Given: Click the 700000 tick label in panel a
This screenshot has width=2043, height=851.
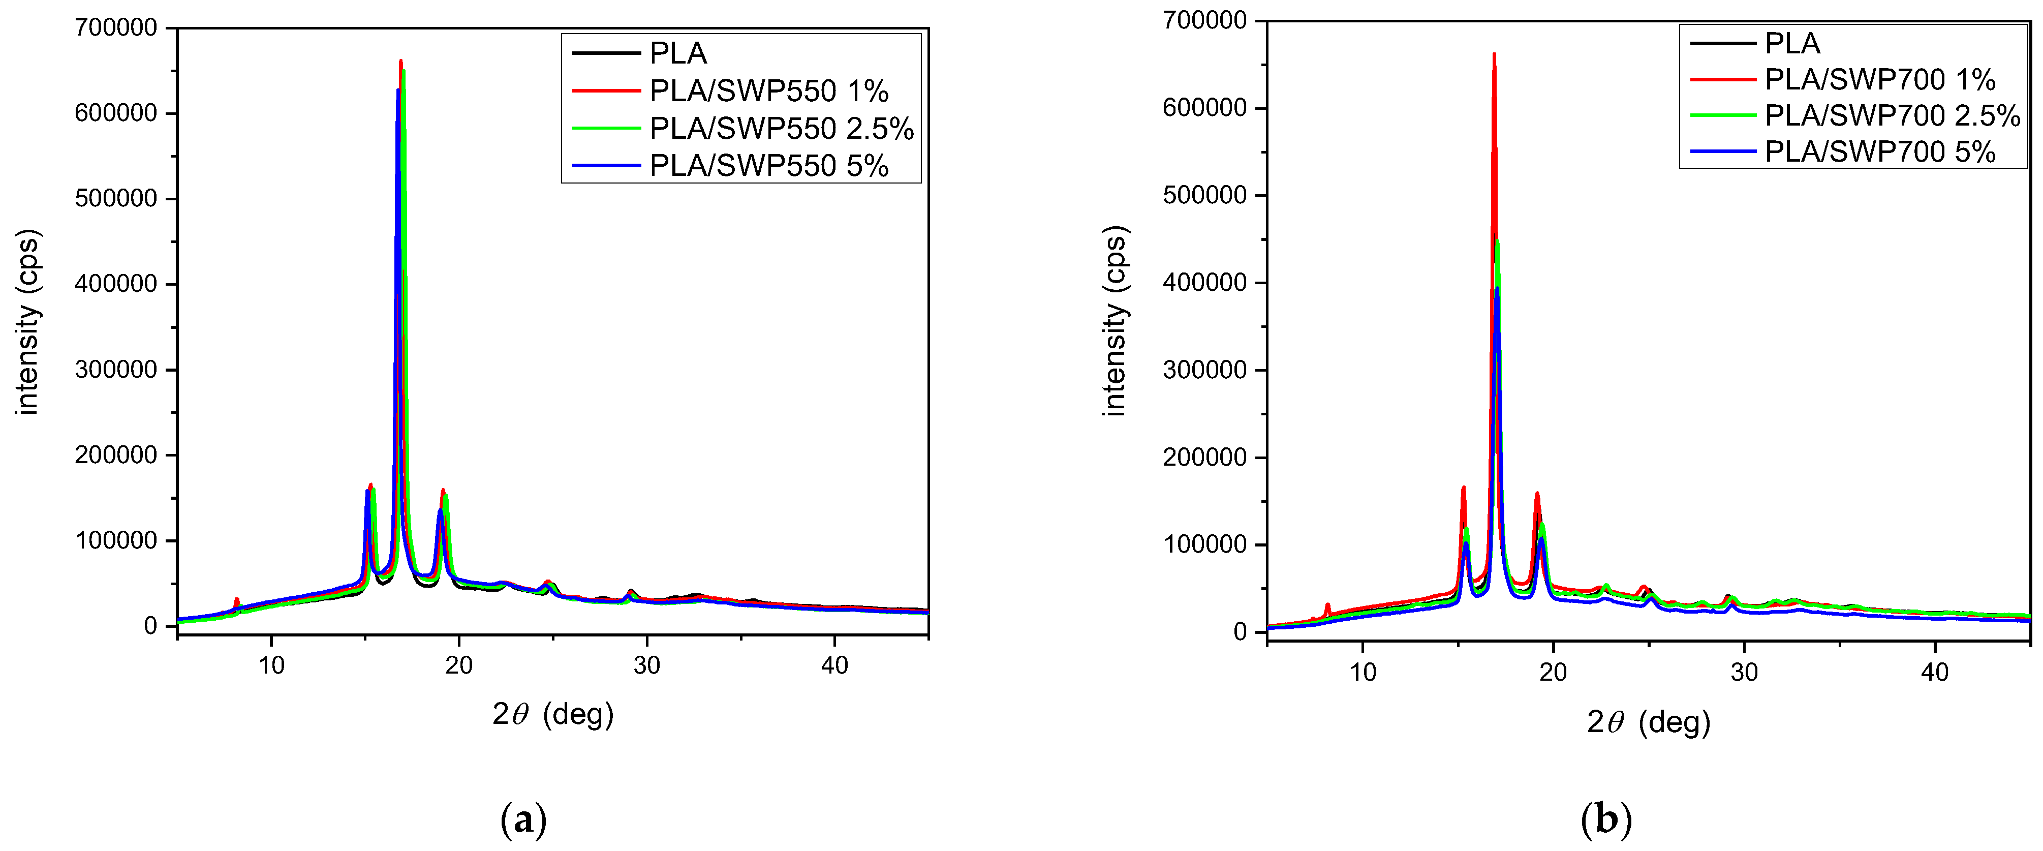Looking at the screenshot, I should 116,28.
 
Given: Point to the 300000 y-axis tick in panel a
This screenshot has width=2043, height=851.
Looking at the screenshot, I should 116,370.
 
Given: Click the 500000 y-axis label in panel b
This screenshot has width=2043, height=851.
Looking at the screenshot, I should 1204,195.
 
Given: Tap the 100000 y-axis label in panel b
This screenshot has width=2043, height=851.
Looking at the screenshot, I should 1204,545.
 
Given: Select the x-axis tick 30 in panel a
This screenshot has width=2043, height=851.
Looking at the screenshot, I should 646,666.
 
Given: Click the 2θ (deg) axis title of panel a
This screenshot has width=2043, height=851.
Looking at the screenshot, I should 553,715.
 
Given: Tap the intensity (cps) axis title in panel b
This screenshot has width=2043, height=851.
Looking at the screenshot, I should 1115,321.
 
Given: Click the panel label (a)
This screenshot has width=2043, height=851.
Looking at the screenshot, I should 523,820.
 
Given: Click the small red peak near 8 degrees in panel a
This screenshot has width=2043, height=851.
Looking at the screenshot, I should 236,599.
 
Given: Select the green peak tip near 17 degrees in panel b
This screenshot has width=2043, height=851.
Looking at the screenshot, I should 1497,241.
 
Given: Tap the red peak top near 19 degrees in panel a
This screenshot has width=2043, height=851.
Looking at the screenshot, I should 443,490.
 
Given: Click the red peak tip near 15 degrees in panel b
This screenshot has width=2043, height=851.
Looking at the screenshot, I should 1463,488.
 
